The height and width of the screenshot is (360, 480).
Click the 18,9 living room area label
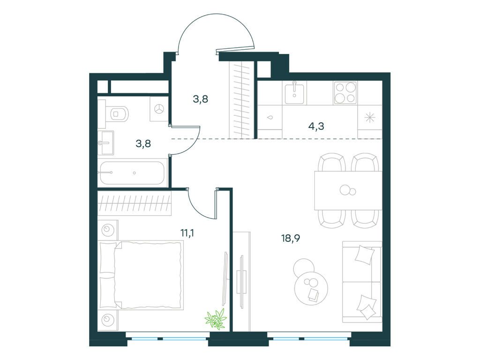[291, 239]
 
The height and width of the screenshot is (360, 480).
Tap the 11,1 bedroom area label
[187, 233]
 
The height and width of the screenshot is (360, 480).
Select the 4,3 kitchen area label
[316, 126]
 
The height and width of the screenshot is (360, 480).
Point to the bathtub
[133, 172]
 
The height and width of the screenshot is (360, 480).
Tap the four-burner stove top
[345, 93]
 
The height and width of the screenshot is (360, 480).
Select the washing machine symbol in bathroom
[159, 109]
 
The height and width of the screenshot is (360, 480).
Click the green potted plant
[217, 319]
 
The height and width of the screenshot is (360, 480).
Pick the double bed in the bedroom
[142, 275]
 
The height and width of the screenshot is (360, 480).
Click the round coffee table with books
[310, 288]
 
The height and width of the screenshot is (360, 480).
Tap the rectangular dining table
[348, 190]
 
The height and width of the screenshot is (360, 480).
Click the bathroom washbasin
[105, 143]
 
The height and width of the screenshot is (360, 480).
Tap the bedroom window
[168, 338]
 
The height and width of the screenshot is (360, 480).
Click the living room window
[308, 338]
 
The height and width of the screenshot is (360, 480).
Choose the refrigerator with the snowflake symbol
[370, 118]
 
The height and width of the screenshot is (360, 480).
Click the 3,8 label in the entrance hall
[201, 99]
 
